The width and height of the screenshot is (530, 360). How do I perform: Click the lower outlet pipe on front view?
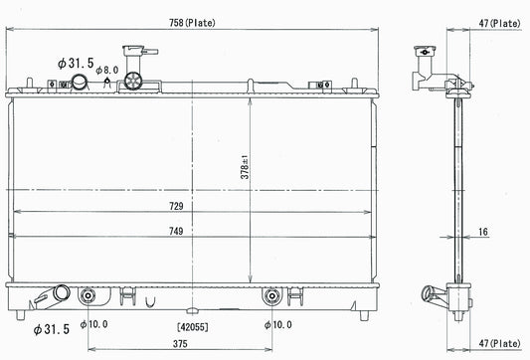tap(61, 294)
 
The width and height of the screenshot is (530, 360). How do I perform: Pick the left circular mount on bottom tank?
tap(89, 295)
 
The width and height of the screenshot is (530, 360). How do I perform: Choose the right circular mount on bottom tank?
tap(270, 295)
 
